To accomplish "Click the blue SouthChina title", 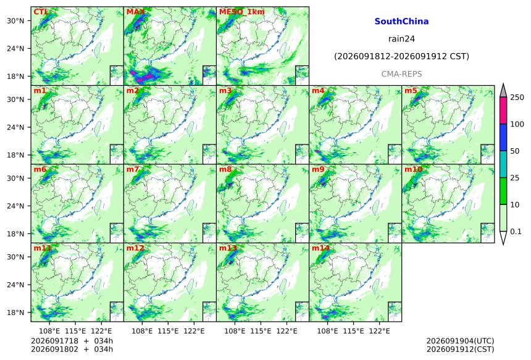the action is click(401, 22).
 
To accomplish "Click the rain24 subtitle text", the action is click(401, 39).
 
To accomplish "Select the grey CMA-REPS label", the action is click(401, 74).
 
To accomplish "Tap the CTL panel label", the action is click(41, 12).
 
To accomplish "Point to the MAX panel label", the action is click(135, 12).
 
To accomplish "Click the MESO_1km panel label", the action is click(242, 12).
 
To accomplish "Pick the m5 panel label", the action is click(411, 91).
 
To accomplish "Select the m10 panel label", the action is click(413, 169).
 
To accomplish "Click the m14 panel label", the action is click(320, 248).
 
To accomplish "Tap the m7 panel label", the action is click(133, 169).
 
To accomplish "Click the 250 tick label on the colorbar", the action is click(517, 98).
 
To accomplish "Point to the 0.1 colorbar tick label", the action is click(516, 232).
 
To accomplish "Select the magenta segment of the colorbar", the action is click(503, 111).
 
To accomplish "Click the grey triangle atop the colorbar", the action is click(503, 90).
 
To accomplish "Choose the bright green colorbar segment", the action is click(503, 191).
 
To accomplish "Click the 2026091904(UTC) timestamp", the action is click(460, 341).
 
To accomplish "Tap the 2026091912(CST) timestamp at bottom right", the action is click(460, 349).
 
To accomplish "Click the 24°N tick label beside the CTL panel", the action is click(15, 48).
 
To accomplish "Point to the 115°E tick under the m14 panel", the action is click(354, 330).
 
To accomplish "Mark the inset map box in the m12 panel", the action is click(209, 312).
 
